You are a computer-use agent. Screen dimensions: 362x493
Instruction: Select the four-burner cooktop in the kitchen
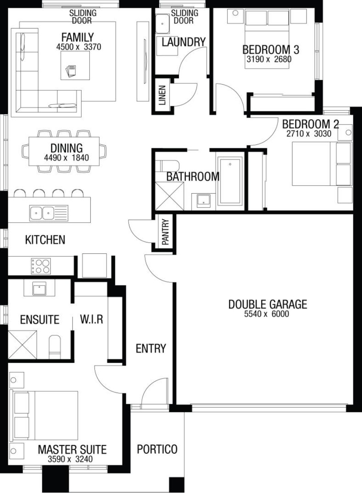click(41, 266)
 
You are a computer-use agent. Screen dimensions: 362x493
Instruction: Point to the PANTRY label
click(165, 232)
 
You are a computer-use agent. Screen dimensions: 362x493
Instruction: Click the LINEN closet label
click(162, 95)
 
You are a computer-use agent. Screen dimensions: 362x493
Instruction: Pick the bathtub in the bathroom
click(230, 181)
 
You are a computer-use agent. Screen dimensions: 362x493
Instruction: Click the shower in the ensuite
click(22, 345)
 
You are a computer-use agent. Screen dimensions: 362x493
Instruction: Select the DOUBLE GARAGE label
click(268, 304)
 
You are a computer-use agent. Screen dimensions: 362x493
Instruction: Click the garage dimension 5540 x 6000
click(266, 314)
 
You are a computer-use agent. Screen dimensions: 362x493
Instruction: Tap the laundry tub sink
click(163, 24)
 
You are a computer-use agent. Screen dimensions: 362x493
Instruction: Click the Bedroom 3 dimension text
click(269, 59)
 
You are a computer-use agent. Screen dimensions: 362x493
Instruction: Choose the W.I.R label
click(92, 319)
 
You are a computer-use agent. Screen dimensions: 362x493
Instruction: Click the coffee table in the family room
click(75, 65)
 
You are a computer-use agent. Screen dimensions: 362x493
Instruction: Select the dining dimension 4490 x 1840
click(66, 157)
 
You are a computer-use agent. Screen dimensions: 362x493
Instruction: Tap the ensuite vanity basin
click(39, 288)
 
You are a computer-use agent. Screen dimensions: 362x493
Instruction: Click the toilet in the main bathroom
click(167, 165)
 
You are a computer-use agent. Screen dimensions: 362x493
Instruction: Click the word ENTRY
click(151, 349)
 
